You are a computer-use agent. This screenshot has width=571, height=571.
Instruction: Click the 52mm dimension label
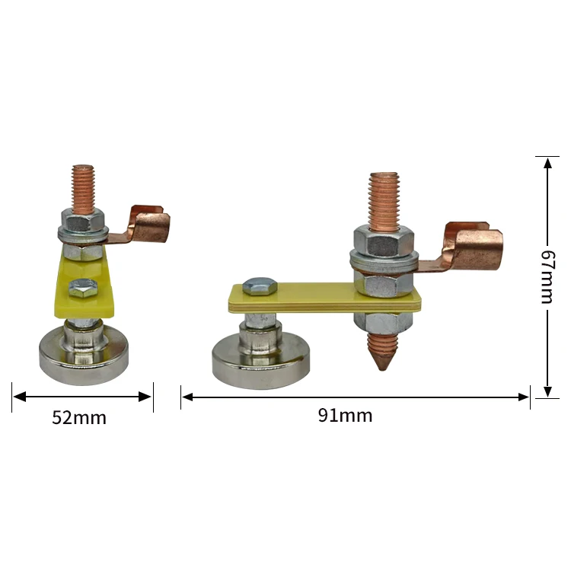[x=79, y=417]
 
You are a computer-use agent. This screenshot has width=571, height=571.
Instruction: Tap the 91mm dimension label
[x=345, y=416]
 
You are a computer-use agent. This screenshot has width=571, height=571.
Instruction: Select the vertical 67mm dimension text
[x=547, y=276]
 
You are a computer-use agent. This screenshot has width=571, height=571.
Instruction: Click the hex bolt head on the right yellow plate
[x=257, y=285]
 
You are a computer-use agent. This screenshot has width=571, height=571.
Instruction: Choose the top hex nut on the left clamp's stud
[x=83, y=222]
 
